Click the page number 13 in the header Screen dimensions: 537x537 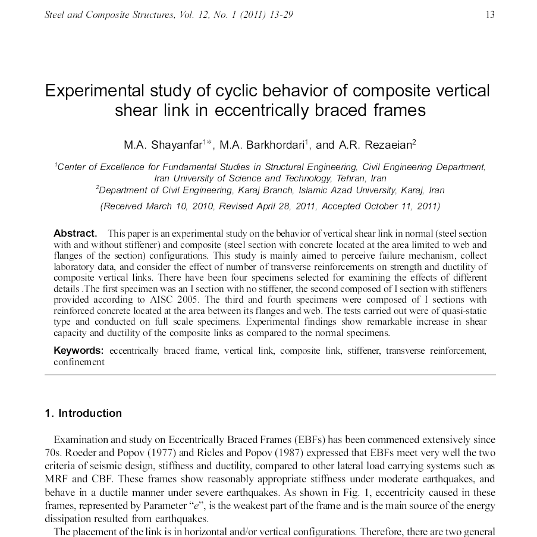(490, 15)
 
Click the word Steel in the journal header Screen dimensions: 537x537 (55, 15)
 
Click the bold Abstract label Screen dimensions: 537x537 (75, 233)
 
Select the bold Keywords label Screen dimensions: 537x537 (78, 350)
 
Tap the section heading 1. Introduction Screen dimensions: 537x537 (83, 413)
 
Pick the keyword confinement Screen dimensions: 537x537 (78, 362)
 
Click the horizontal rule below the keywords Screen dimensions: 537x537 (269, 375)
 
